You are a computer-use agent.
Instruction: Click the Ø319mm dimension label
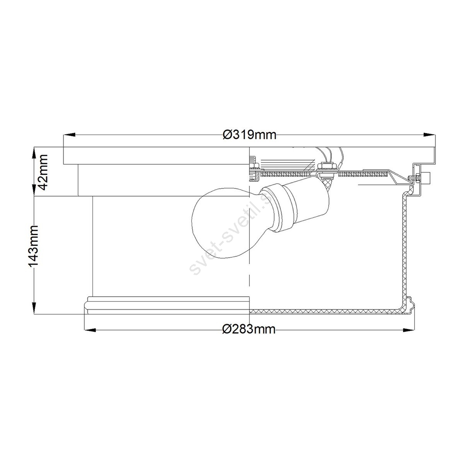pyautogui.click(x=249, y=135)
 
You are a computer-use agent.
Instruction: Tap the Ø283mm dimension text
pyautogui.click(x=249, y=329)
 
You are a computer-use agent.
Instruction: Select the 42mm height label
pyautogui.click(x=43, y=172)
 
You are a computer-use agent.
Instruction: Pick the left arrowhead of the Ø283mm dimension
pyautogui.click(x=90, y=330)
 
